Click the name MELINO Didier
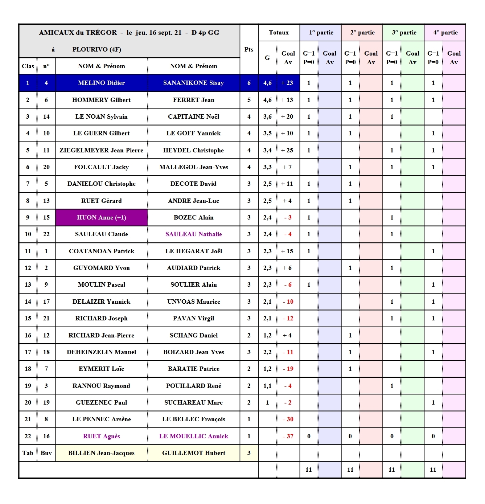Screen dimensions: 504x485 pos(101,83)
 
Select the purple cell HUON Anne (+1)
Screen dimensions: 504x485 pos(101,218)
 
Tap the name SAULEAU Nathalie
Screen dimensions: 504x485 pos(193,234)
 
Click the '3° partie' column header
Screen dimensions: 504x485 pos(404,33)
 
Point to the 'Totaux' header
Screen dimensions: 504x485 pos(279,33)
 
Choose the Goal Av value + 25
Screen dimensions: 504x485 pos(287,150)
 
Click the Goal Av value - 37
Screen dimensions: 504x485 pos(288,436)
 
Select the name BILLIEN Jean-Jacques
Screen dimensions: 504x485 pos(101,453)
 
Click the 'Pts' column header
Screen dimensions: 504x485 pos(249,49)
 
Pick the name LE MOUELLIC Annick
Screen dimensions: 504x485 pos(193,436)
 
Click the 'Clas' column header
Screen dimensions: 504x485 pos(28,66)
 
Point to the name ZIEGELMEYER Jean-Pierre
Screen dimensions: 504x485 pos(101,150)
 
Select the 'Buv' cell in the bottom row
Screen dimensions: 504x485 pos(46,453)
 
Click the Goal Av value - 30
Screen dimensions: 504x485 pos(288,419)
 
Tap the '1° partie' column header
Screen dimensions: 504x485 pos(321,33)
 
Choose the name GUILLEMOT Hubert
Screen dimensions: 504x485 pos(193,453)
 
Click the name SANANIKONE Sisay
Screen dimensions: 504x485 pos(193,83)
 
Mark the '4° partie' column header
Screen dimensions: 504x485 pos(445,33)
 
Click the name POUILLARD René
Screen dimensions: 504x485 pos(193,386)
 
